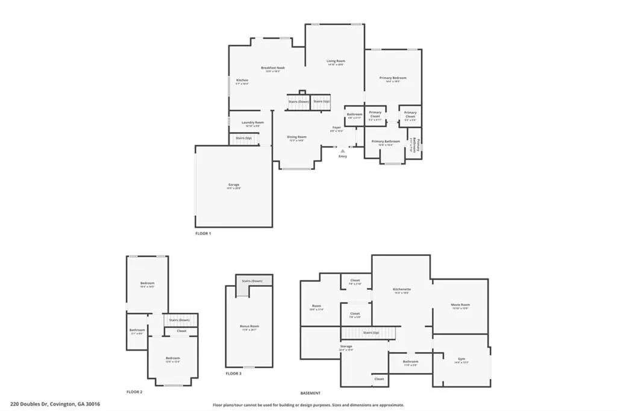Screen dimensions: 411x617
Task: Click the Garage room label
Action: pyautogui.click(x=233, y=184)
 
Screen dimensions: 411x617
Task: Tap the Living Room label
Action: pyautogui.click(x=336, y=61)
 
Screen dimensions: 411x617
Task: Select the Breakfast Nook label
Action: pyautogui.click(x=273, y=68)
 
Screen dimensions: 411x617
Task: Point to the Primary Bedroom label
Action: pyautogui.click(x=393, y=78)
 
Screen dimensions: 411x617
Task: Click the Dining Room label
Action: pyautogui.click(x=296, y=137)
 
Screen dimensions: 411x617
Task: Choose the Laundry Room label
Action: pyautogui.click(x=252, y=122)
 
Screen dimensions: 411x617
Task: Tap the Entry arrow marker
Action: pyautogui.click(x=343, y=151)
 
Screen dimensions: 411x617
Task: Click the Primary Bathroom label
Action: pyautogui.click(x=390, y=141)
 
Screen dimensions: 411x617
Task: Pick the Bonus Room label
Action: pyautogui.click(x=249, y=327)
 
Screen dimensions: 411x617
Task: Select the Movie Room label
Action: pyautogui.click(x=460, y=305)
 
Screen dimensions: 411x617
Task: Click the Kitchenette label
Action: pyautogui.click(x=401, y=289)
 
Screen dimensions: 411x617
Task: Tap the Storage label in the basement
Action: pyautogui.click(x=346, y=347)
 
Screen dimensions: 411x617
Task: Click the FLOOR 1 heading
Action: pyautogui.click(x=203, y=233)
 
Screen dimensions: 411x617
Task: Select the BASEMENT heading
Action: pyautogui.click(x=310, y=392)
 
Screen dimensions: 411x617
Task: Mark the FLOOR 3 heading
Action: pyautogui.click(x=233, y=374)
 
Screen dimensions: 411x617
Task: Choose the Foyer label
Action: pyautogui.click(x=336, y=127)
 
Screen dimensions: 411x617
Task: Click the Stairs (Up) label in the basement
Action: pyautogui.click(x=371, y=332)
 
